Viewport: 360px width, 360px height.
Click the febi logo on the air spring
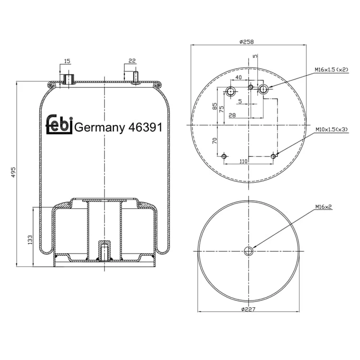click(x=60, y=124)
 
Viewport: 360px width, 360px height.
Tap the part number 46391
click(x=145, y=127)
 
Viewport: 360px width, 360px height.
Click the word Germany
click(x=100, y=128)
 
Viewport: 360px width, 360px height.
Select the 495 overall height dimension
click(x=13, y=172)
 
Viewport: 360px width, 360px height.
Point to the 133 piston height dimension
click(x=30, y=240)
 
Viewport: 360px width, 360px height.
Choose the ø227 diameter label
click(x=249, y=309)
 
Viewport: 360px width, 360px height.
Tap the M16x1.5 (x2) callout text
click(x=332, y=70)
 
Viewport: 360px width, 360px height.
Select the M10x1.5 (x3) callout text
click(x=332, y=130)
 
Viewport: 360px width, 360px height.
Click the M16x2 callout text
click(x=324, y=207)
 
